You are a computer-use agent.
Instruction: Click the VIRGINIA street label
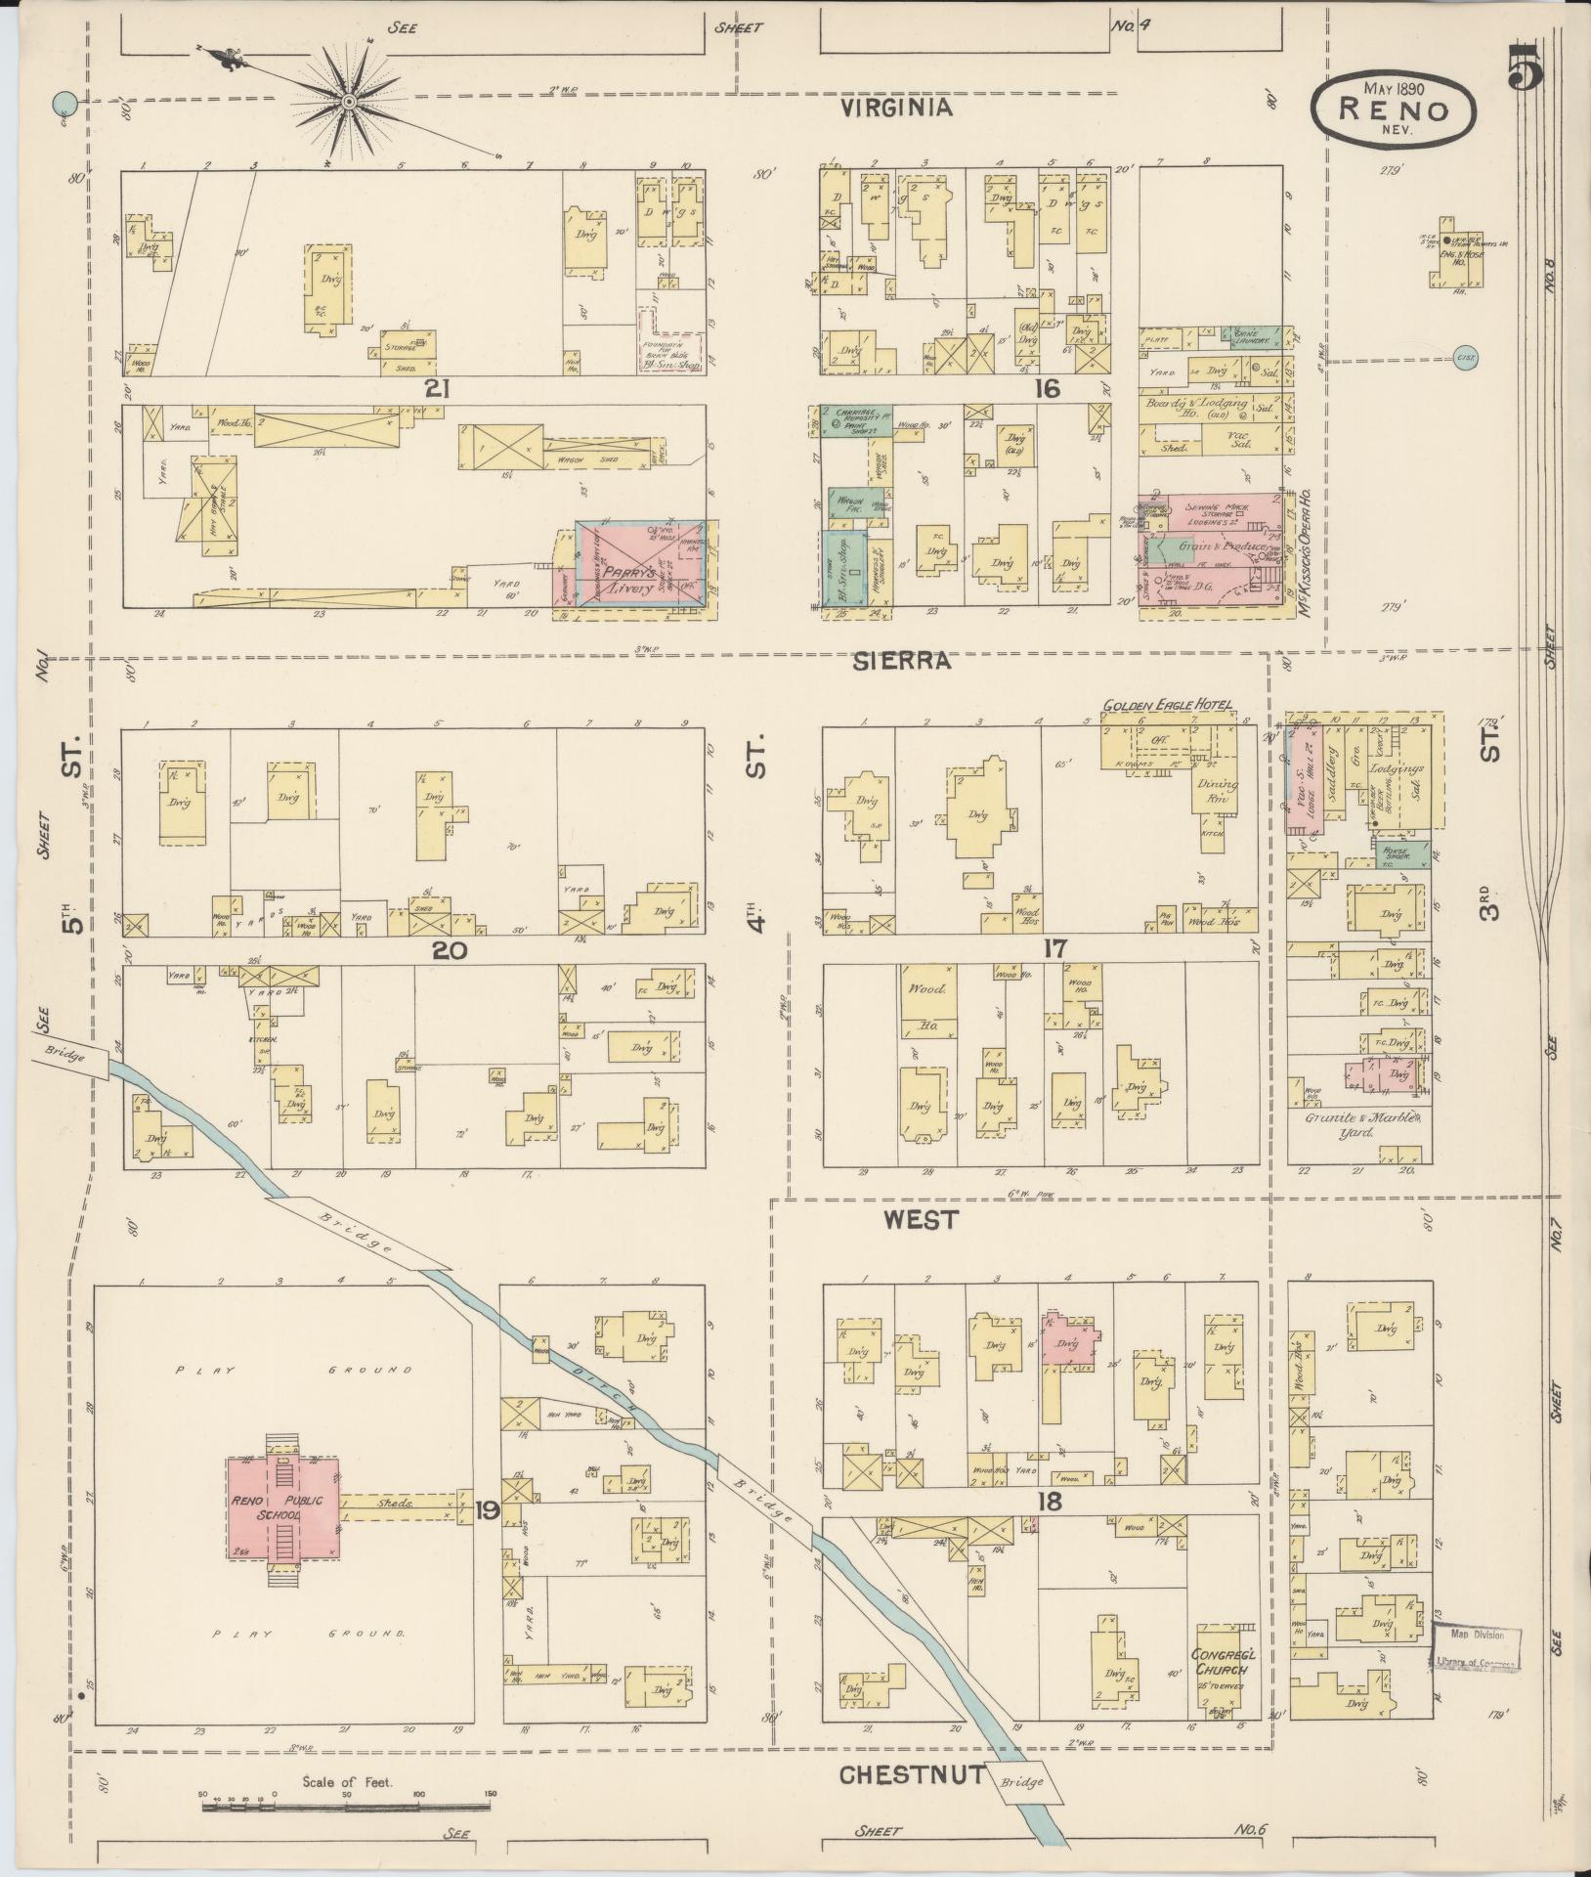click(x=898, y=109)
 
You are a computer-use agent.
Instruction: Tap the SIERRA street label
click(x=900, y=662)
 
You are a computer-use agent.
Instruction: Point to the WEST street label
click(x=921, y=1219)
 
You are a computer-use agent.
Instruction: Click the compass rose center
click(x=349, y=102)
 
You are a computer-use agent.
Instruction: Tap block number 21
click(x=437, y=389)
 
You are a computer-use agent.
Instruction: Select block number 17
click(x=1053, y=947)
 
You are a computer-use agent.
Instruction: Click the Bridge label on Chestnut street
click(x=1023, y=1780)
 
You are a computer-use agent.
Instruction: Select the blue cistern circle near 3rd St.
click(x=1465, y=358)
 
